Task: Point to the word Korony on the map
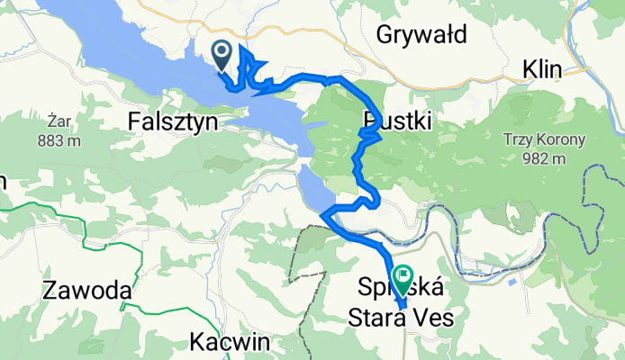(x=561, y=140)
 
